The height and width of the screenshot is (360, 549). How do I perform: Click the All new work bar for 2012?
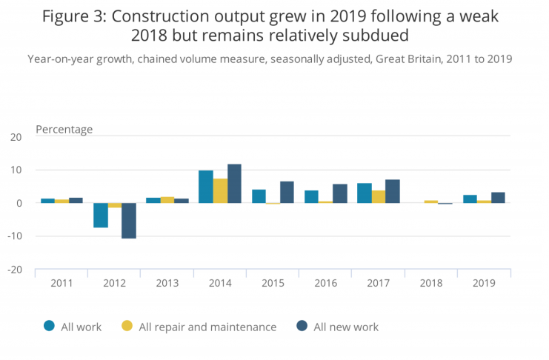[129, 221]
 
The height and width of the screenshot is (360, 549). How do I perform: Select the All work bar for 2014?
[206, 187]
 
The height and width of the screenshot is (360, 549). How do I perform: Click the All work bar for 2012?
[101, 215]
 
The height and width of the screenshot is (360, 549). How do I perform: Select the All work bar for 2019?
[470, 199]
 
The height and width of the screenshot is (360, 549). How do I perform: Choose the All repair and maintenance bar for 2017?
[379, 196]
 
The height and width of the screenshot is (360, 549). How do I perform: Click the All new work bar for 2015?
[287, 192]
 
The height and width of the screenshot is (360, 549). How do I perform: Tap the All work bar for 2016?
[311, 196]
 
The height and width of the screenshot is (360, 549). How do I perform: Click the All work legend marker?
[50, 326]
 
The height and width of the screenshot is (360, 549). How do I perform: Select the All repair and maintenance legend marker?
[127, 326]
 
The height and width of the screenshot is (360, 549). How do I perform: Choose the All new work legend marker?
[301, 326]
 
